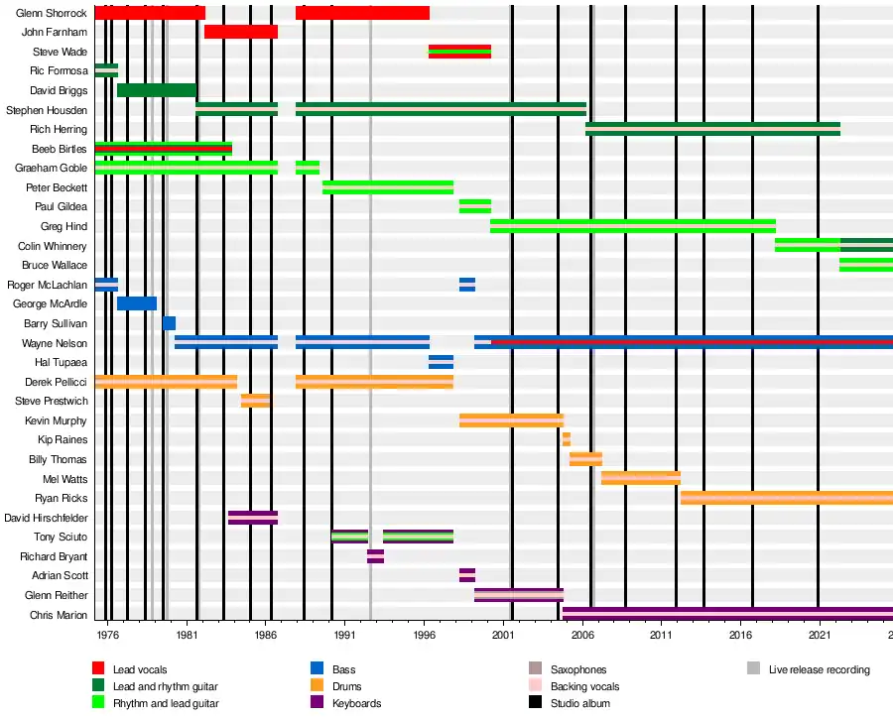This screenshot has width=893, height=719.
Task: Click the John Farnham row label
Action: tap(55, 32)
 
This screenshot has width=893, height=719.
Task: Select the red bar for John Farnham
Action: tap(240, 32)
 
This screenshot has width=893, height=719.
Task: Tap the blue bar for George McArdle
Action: tap(137, 303)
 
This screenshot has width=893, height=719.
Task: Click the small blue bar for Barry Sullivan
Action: tap(169, 323)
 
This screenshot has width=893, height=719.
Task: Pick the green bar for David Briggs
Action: tap(156, 90)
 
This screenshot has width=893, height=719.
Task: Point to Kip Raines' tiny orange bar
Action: tap(566, 439)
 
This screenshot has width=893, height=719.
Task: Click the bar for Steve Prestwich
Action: tap(255, 401)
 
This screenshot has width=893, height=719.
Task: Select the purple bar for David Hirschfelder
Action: tap(252, 518)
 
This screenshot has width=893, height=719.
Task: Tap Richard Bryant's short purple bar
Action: tap(375, 556)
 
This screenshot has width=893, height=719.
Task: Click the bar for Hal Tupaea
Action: tap(441, 362)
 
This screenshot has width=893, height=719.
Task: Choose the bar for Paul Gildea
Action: tap(474, 206)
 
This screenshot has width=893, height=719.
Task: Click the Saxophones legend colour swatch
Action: tap(535, 669)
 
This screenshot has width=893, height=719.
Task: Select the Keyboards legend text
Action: tap(356, 703)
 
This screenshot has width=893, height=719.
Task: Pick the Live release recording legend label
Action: tap(819, 669)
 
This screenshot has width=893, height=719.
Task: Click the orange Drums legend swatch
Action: tap(317, 686)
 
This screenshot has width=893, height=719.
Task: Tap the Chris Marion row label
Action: tap(59, 615)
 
